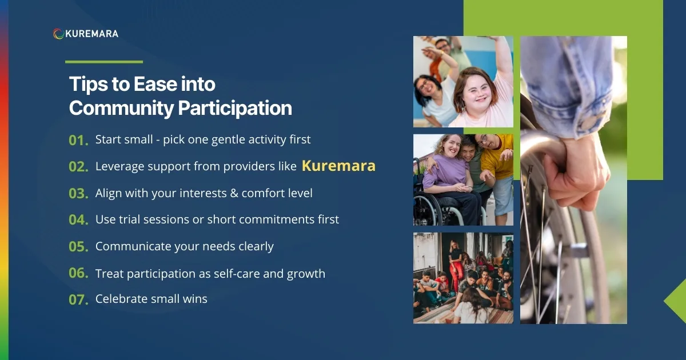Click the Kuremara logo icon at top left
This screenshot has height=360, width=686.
58,34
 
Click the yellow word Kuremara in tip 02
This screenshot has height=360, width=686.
338,166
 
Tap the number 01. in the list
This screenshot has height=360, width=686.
78,140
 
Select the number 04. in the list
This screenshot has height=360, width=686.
78,220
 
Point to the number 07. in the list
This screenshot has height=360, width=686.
78,299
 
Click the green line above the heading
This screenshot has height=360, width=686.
103,62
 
